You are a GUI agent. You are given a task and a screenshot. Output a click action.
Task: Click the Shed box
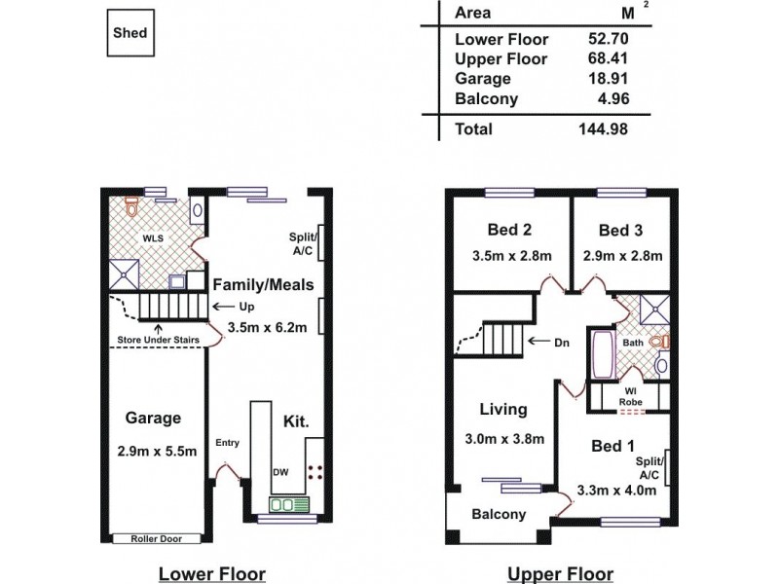pyautogui.click(x=130, y=33)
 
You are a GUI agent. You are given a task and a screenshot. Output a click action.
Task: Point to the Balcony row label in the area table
pyautogui.click(x=486, y=98)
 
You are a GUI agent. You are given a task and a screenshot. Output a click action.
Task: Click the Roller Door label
pyautogui.click(x=156, y=538)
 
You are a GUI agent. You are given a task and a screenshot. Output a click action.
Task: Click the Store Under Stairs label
pyautogui.click(x=159, y=339)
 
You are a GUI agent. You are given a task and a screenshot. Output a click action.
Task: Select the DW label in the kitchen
pyautogui.click(x=279, y=472)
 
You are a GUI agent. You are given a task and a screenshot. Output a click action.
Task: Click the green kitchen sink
pyautogui.click(x=288, y=504)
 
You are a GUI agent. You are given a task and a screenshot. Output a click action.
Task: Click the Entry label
pyautogui.click(x=227, y=443)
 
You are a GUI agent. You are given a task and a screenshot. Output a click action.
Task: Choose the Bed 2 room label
pyautogui.click(x=508, y=231)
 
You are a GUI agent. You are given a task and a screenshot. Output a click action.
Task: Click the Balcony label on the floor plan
pyautogui.click(x=500, y=514)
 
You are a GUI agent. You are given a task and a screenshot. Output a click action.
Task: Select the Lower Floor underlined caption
pyautogui.click(x=212, y=573)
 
